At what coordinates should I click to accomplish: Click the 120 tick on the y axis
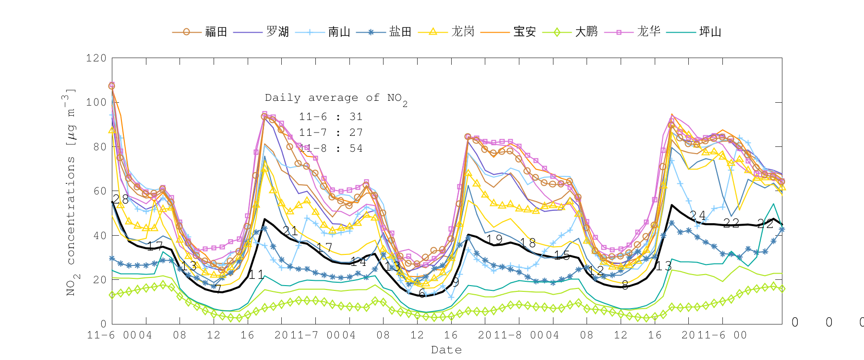(x=96, y=58)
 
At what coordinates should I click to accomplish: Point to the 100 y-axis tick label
(x=96, y=102)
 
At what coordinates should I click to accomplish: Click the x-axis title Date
(x=446, y=350)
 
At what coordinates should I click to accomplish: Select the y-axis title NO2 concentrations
(x=71, y=192)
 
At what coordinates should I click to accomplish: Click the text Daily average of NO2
(x=336, y=98)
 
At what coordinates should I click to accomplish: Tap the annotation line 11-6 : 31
(x=331, y=117)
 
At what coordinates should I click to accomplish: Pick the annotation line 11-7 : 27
(x=331, y=132)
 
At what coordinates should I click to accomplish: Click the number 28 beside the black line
(x=120, y=199)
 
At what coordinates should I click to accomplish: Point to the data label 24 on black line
(x=697, y=216)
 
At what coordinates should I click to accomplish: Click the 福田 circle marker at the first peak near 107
(x=112, y=86)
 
